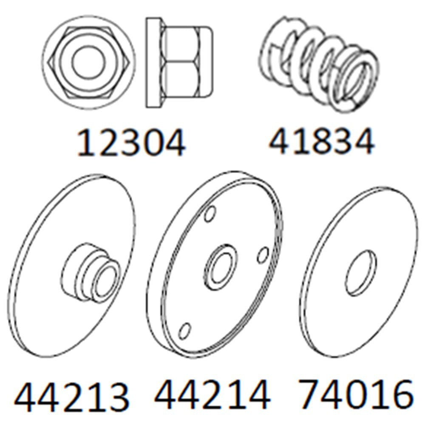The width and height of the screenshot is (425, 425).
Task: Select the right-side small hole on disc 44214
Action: click(263, 255)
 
